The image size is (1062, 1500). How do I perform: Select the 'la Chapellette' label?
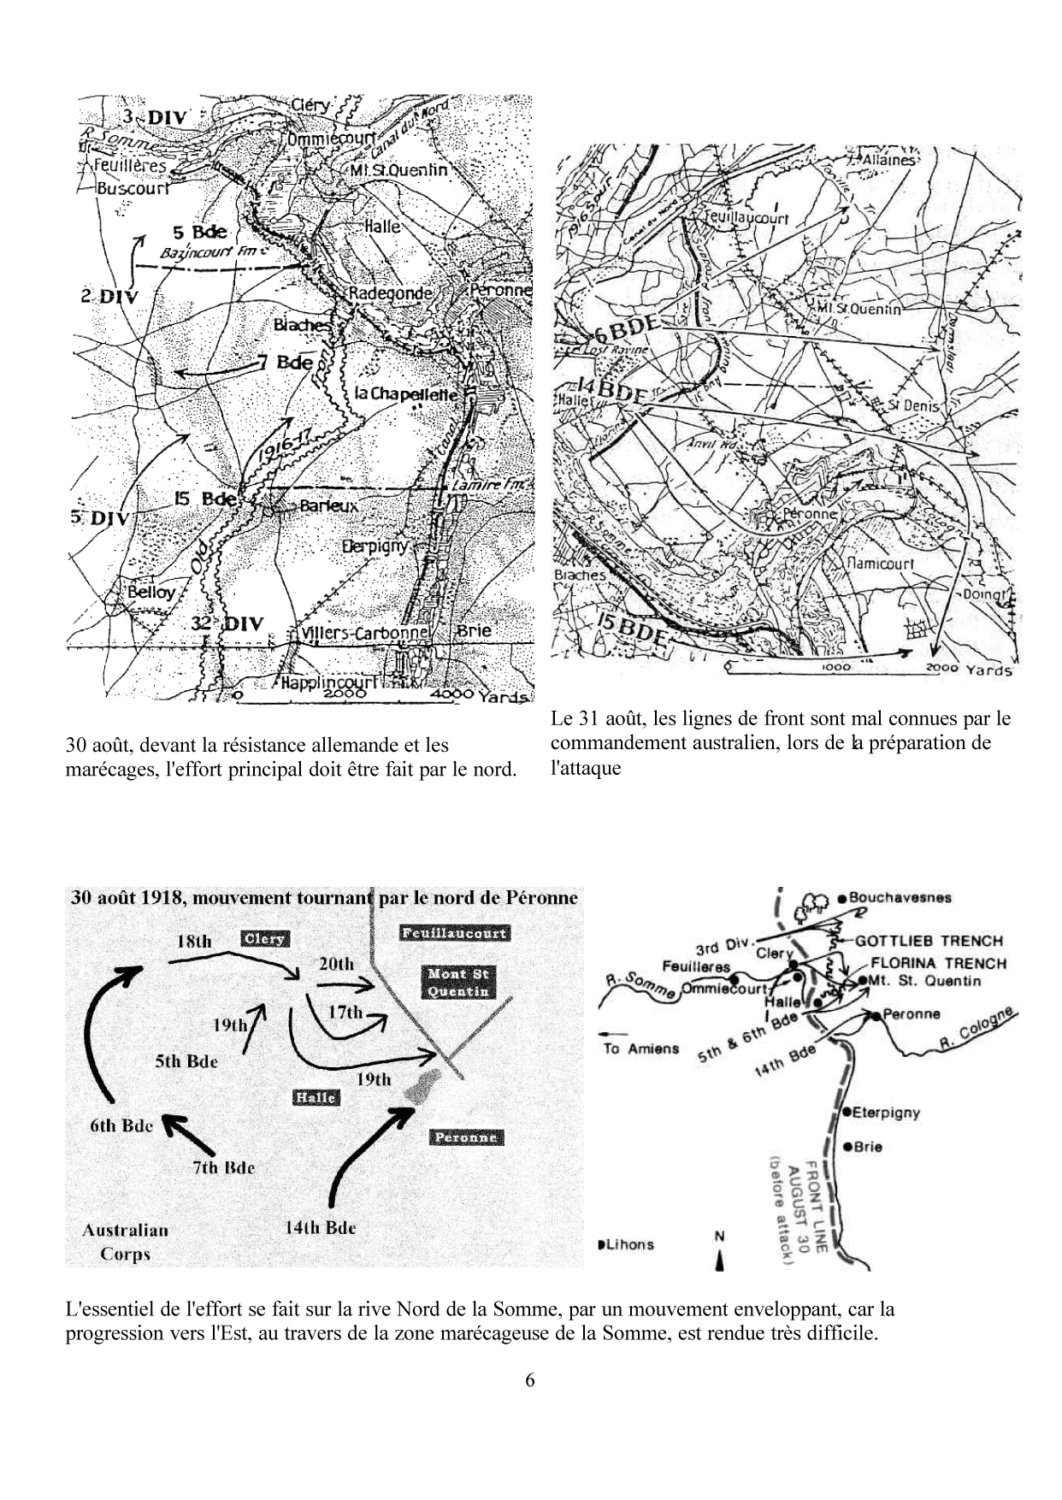pyautogui.click(x=406, y=394)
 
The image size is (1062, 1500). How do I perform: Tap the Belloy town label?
pyautogui.click(x=150, y=592)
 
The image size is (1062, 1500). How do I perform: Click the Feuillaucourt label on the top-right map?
pyautogui.click(x=746, y=219)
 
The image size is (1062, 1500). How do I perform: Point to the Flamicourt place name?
pyautogui.click(x=880, y=564)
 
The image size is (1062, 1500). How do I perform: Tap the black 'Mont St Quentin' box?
pyautogui.click(x=457, y=982)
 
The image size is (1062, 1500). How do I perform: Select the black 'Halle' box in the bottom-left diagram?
pyautogui.click(x=315, y=1097)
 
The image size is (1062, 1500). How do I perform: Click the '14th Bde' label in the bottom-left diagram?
pyautogui.click(x=320, y=1227)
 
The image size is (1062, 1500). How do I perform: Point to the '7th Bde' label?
pyautogui.click(x=224, y=1167)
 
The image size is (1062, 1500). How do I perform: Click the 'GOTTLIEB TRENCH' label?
pyautogui.click(x=929, y=941)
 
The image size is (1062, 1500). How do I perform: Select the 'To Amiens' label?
pyautogui.click(x=641, y=1048)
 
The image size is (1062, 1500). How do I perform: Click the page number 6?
pyautogui.click(x=530, y=1380)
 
